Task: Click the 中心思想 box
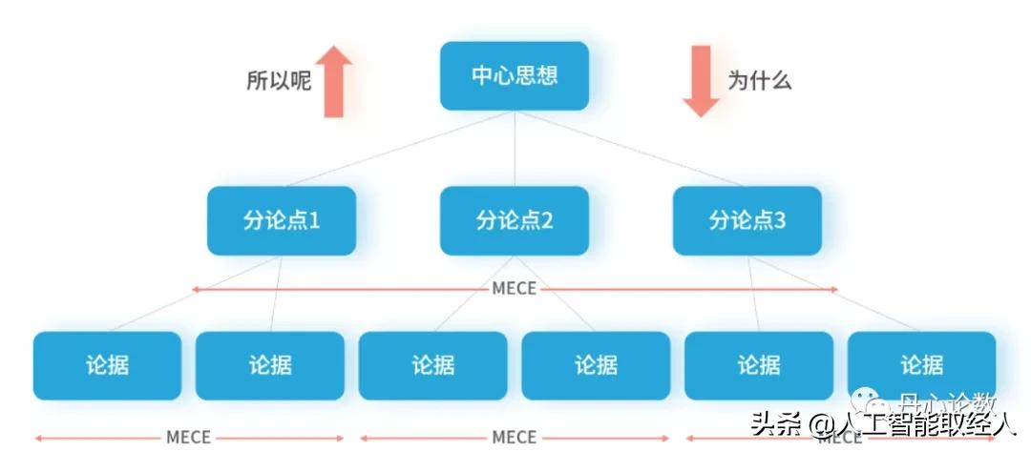[x=515, y=75]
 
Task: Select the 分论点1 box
[x=282, y=220]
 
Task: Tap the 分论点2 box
[x=515, y=220]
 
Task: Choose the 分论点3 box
[x=747, y=220]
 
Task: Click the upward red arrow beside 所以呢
[x=333, y=82]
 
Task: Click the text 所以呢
[x=279, y=82]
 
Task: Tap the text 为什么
[x=760, y=82]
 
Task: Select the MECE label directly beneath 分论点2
[x=515, y=288]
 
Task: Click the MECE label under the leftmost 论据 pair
[x=188, y=438]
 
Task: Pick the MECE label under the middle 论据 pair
[x=515, y=438]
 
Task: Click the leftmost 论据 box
[x=107, y=365]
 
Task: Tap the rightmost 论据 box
[x=921, y=365]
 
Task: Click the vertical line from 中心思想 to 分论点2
[x=515, y=148]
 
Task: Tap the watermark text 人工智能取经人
[x=923, y=423]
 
